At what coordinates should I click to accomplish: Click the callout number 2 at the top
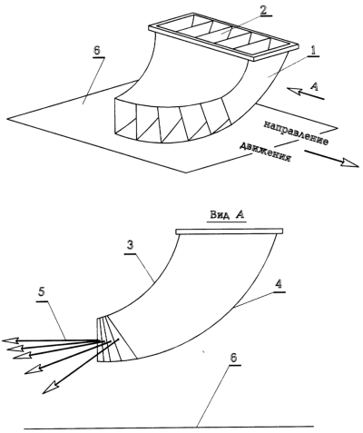tap(263, 10)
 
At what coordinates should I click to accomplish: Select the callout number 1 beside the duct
tap(314, 50)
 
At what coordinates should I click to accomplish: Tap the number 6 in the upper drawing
tap(96, 51)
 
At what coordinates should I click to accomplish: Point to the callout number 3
tap(130, 245)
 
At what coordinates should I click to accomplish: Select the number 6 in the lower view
tap(233, 358)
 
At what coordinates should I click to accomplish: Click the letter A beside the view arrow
tap(314, 87)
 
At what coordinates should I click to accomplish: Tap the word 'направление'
tap(296, 133)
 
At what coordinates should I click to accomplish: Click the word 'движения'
tap(265, 153)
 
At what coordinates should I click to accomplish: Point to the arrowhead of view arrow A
tap(294, 91)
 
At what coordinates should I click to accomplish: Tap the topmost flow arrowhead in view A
tap(11, 340)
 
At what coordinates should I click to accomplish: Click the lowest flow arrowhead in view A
tap(50, 387)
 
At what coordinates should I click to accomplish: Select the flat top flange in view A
tap(230, 231)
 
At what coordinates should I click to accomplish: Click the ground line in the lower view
tap(169, 427)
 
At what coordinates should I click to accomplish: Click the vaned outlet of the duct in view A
tap(116, 340)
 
